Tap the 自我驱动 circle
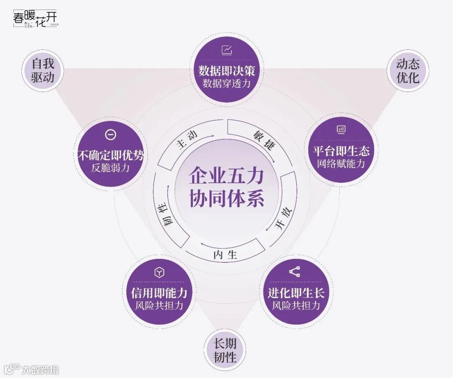[x=43, y=71]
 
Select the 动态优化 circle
[x=408, y=71]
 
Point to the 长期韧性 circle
[x=225, y=350]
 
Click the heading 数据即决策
[x=226, y=70]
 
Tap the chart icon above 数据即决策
[x=227, y=50]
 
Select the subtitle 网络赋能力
[x=341, y=163]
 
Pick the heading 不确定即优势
[x=111, y=155]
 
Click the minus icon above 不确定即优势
[x=111, y=135]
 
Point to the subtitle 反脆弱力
[x=111, y=168]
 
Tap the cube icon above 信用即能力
[x=159, y=273]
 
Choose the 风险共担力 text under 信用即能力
[x=159, y=306]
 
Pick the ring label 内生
[x=225, y=254]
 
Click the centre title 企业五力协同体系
[x=226, y=186]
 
